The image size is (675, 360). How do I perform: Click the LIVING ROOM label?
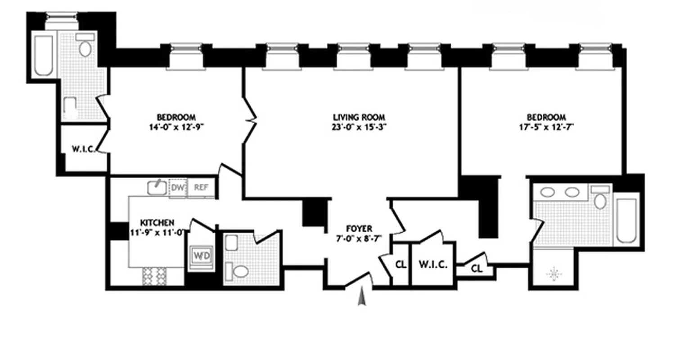tap(357, 117)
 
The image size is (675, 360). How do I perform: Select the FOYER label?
tap(359, 228)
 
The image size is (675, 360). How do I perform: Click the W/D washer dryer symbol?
tap(199, 256)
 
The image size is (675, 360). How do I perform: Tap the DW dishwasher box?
tap(177, 188)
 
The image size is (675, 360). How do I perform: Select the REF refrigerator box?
tap(201, 188)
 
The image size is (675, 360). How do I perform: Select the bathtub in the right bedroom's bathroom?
tap(626, 220)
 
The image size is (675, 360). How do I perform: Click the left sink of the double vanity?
tap(548, 193)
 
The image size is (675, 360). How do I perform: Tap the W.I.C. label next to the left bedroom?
tap(83, 149)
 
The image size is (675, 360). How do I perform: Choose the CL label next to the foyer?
tap(400, 265)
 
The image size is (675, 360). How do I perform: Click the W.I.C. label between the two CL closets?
tap(432, 265)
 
